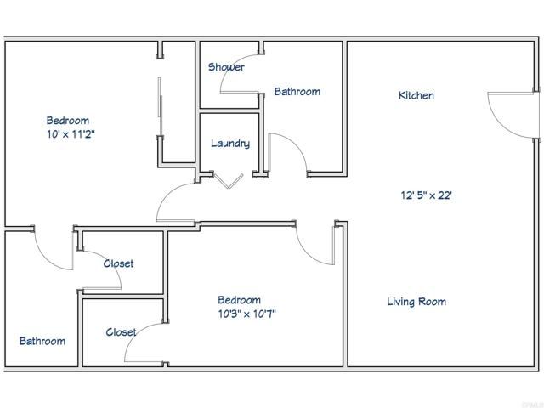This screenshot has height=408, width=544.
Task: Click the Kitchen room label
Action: [x=416, y=96]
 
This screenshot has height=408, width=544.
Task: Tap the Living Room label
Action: [x=416, y=302]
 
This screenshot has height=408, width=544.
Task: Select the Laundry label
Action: [x=230, y=144]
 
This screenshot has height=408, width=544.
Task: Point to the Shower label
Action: [x=226, y=67]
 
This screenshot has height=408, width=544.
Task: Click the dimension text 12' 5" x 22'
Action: [x=426, y=195]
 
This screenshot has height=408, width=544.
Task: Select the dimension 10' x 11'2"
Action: [x=71, y=134]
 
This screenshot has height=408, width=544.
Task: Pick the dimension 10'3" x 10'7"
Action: [x=246, y=314]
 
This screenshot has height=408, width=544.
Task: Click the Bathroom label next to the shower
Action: [x=297, y=92]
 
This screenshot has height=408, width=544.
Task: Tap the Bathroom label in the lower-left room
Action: [x=42, y=341]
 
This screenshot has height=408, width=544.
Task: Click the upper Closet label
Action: [x=118, y=263]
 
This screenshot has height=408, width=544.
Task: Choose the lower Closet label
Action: [x=121, y=332]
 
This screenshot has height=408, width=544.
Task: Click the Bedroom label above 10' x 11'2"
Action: [x=67, y=121]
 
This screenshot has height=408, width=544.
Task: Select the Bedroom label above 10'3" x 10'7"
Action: [x=239, y=300]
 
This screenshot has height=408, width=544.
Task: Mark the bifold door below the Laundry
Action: [x=229, y=179]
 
